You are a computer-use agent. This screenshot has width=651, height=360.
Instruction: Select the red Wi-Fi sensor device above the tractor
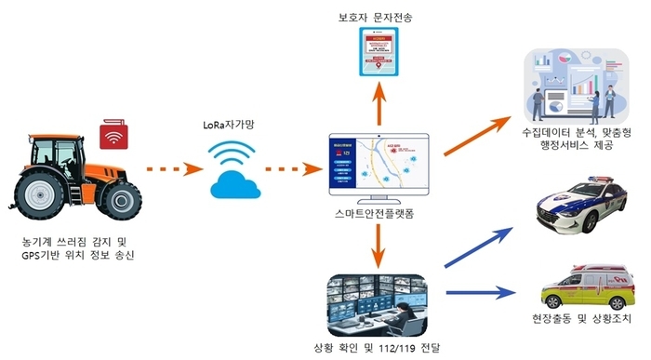114,133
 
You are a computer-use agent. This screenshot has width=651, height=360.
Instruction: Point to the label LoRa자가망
232,125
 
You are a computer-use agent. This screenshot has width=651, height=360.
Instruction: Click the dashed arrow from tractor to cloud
173,170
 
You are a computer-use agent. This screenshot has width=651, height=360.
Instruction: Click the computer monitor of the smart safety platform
378,166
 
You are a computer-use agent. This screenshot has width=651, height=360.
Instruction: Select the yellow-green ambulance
578,289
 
